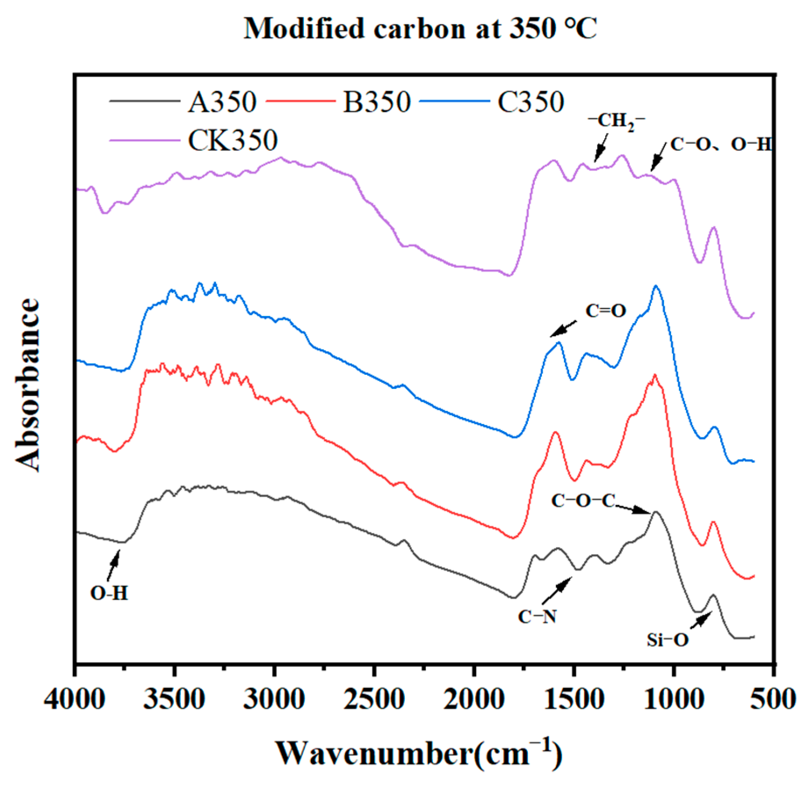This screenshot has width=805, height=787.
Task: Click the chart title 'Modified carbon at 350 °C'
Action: [420, 29]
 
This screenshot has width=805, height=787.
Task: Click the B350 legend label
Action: [376, 102]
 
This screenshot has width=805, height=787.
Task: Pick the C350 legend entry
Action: [531, 102]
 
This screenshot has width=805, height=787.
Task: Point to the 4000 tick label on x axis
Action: [75, 699]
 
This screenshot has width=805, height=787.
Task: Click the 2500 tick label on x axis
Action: [374, 699]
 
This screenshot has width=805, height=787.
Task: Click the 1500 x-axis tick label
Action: [573, 699]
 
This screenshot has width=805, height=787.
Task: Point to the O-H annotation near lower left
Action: [109, 594]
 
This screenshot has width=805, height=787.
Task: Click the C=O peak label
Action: [606, 311]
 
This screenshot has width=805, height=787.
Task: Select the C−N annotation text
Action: [537, 617]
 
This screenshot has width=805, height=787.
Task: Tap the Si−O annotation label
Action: [667, 640]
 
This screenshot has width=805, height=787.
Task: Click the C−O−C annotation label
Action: [583, 500]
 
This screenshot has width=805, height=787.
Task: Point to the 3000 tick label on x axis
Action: [274, 699]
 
